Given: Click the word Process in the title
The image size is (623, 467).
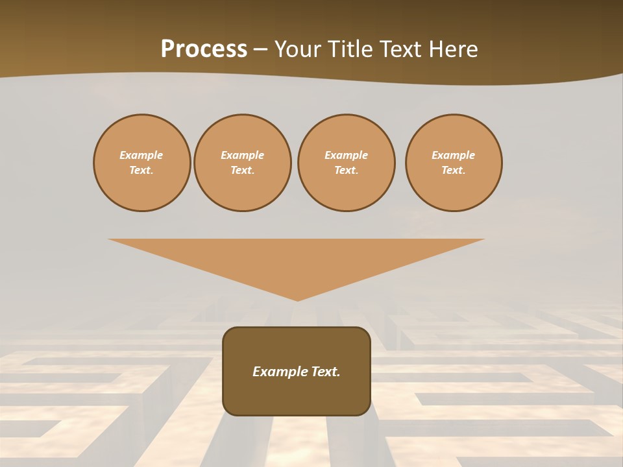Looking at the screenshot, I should click(204, 49).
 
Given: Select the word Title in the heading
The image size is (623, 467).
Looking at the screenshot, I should click(353, 49).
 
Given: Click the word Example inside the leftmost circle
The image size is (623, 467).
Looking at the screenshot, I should click(141, 155).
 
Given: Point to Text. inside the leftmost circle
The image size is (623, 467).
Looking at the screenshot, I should click(141, 170).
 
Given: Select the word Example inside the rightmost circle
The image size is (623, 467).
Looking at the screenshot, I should click(454, 155).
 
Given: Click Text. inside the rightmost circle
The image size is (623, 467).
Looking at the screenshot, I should click(454, 170).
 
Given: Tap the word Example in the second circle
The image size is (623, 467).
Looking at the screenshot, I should click(242, 155).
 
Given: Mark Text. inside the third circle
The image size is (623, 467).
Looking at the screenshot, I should click(346, 170).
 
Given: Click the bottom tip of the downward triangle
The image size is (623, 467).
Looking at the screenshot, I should click(297, 299).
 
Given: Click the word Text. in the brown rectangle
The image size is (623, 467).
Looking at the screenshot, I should click(326, 372).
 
